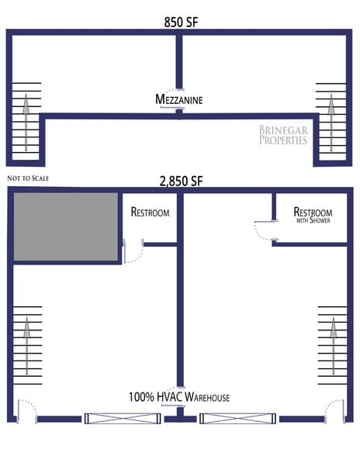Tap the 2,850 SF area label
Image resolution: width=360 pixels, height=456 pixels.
pos(181,181)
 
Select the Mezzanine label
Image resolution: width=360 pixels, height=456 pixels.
pos(179,99)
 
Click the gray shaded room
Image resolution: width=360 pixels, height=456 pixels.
pos(66,226)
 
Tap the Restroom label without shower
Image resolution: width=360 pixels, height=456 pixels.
pos(150,211)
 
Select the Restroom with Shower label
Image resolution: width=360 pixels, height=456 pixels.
pos(313,214)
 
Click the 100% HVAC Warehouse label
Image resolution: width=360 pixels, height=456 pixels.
pos(179,398)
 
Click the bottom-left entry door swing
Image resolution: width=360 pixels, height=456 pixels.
pos(26,409)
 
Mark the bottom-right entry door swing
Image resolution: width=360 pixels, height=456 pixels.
pos(333,409)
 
